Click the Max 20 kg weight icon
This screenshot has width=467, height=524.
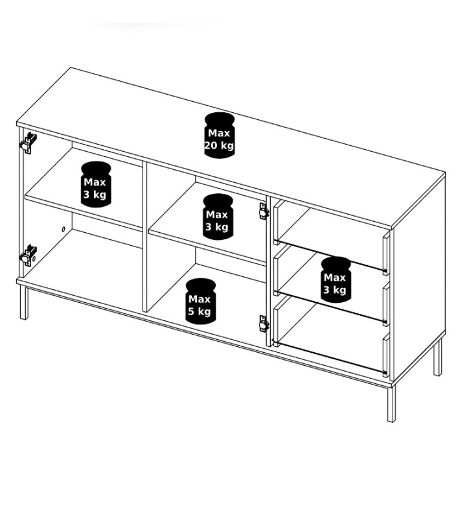coord(219,135)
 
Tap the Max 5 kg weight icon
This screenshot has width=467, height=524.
coord(200,301)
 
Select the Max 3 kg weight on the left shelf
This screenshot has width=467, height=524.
coord(96,184)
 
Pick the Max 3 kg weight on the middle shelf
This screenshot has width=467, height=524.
coord(218,217)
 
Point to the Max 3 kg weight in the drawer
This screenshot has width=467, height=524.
coord(336,280)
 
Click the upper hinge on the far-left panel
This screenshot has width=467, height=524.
coord(28,143)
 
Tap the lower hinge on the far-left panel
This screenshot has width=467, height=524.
coord(28,256)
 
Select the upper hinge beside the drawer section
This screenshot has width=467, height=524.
coord(264,211)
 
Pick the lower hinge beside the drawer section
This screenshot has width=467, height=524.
coord(264,324)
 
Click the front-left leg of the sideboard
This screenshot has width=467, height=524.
coord(24,303)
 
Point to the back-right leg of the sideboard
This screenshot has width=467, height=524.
coord(438,357)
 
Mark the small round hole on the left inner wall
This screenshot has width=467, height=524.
coord(63,230)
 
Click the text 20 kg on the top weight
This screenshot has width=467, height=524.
coord(219,146)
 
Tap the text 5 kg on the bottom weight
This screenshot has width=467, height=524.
coord(199,311)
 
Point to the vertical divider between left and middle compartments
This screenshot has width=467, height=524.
coord(145,237)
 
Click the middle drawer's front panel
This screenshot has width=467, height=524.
coord(386,304)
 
